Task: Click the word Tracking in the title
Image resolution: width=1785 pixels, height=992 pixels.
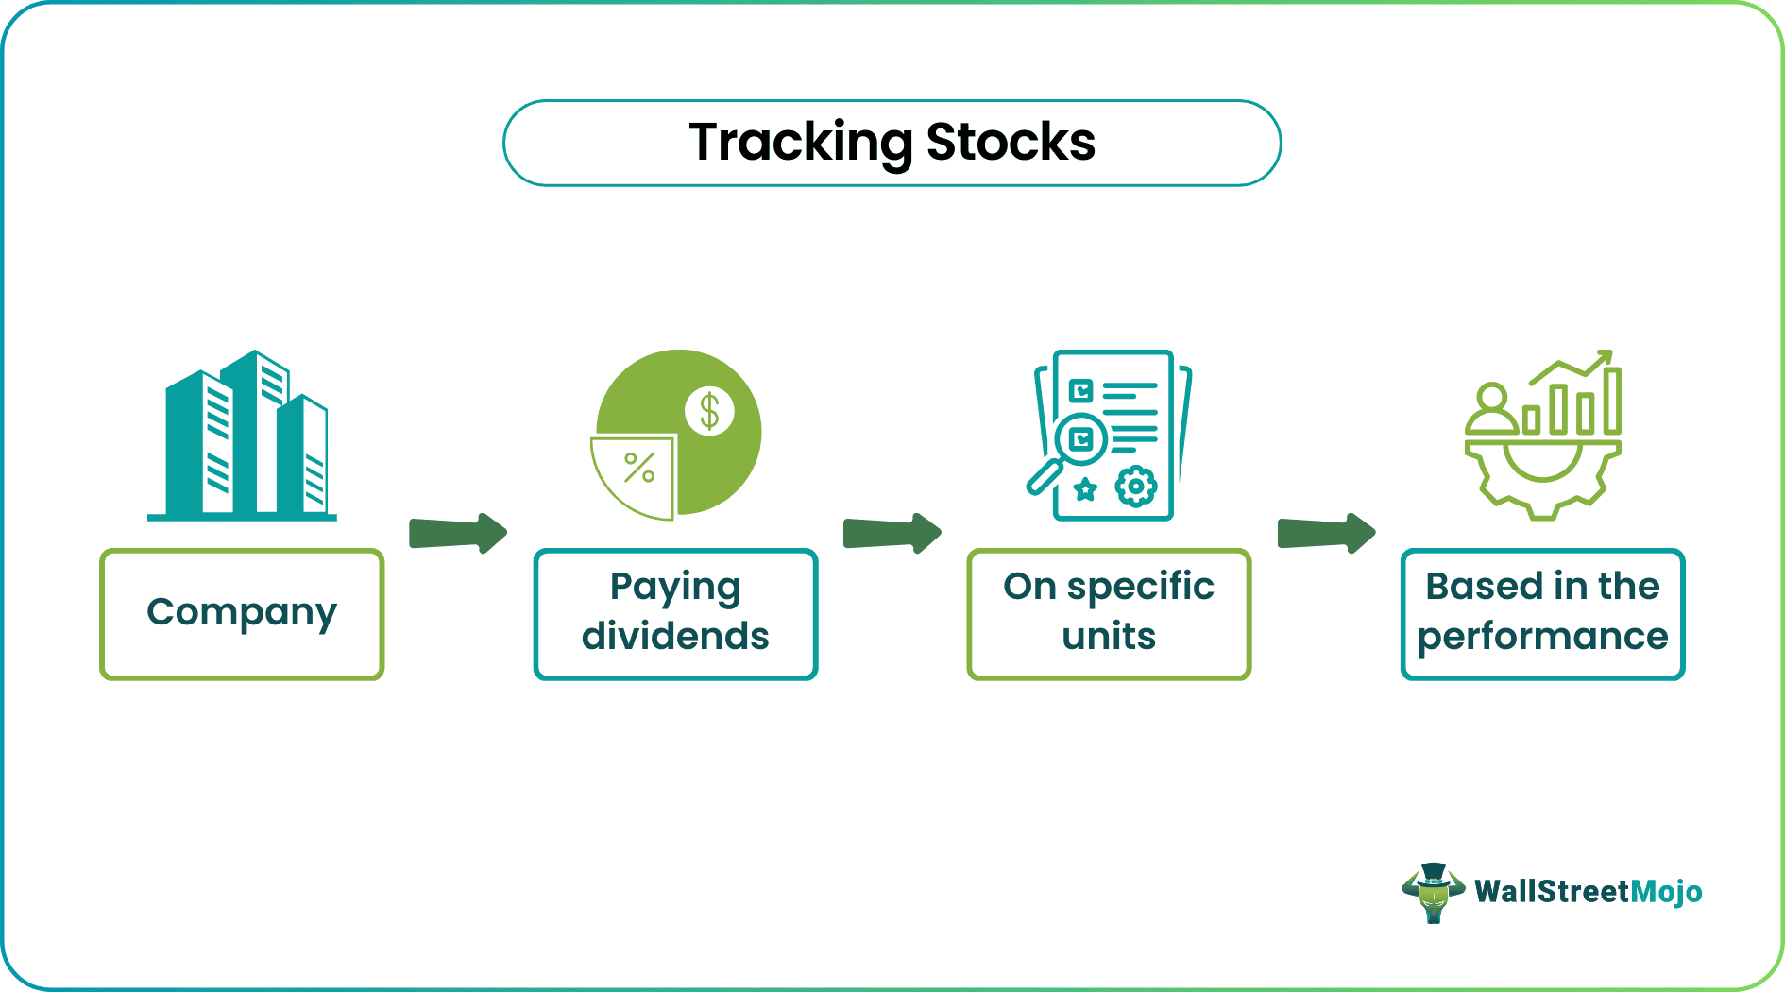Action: (x=800, y=143)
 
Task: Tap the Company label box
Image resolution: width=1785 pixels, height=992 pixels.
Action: (x=242, y=614)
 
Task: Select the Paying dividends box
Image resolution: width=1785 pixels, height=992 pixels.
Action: (x=675, y=614)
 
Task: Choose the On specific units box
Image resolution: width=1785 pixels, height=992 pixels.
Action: (x=1109, y=614)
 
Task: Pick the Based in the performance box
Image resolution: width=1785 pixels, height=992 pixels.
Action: (x=1542, y=614)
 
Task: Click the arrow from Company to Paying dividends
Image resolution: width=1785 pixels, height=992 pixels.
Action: (x=458, y=534)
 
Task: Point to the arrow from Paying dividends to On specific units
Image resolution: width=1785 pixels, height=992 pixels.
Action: (x=892, y=534)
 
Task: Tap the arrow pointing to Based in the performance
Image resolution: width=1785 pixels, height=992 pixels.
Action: (x=1326, y=534)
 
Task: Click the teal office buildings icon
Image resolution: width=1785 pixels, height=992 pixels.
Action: (x=243, y=436)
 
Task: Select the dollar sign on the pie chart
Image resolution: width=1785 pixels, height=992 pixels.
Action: (x=709, y=412)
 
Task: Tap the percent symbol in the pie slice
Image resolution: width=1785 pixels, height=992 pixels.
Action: (x=639, y=468)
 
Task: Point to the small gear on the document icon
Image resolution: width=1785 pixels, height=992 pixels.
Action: (x=1135, y=487)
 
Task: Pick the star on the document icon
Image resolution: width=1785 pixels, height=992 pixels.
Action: (x=1086, y=488)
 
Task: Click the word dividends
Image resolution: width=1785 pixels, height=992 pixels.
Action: (x=675, y=637)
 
